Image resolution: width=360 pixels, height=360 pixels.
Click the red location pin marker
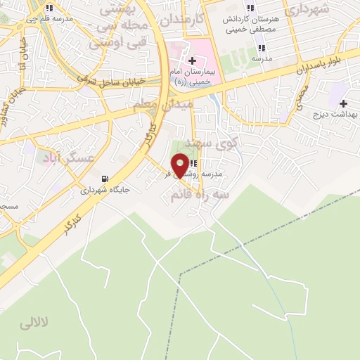tap(181, 165)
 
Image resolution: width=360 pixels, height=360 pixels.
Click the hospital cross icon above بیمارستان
tap(192, 63)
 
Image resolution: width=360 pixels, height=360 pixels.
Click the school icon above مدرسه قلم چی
tap(49, 8)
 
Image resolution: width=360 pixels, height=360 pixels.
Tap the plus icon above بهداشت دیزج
tap(344, 103)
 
